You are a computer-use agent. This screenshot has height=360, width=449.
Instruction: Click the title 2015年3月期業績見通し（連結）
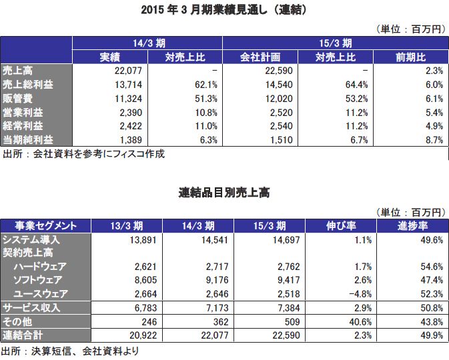pos(224,11)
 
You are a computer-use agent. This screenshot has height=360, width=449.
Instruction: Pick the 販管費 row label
pos(17,98)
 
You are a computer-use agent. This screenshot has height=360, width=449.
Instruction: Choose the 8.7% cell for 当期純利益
pos(431,140)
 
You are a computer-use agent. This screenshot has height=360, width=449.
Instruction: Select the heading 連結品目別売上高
pos(224,193)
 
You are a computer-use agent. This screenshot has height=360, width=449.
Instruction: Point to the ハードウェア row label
pos(40,267)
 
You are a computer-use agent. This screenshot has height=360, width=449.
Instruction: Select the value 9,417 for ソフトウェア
pos(273,281)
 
